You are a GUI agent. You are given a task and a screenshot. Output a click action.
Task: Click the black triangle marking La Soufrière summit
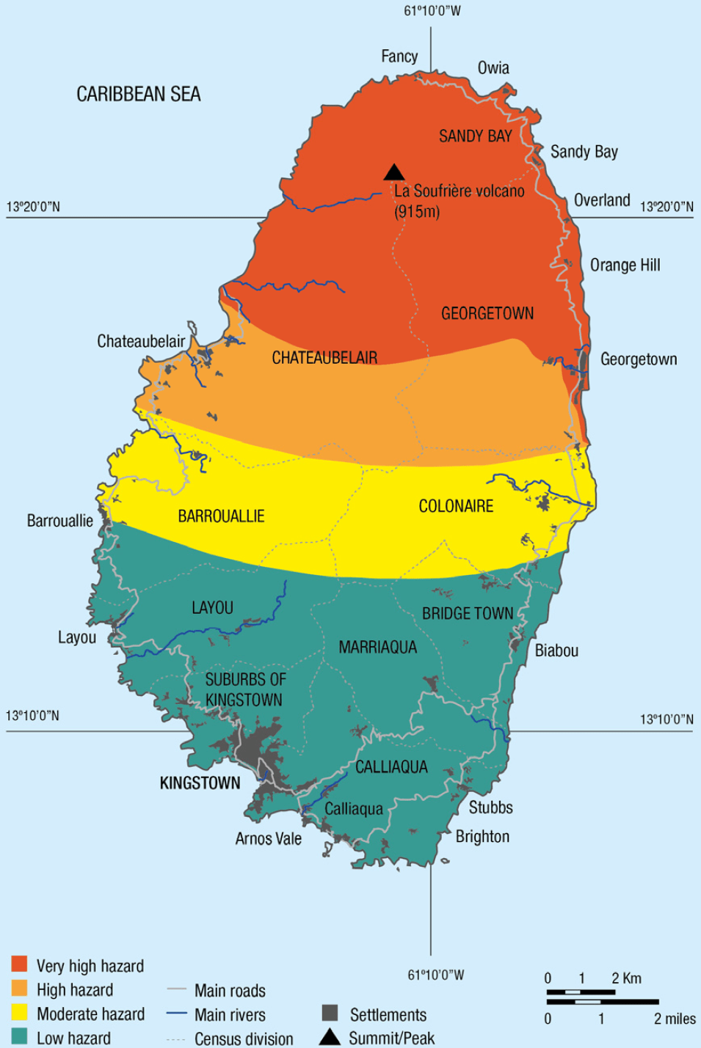[x=394, y=173]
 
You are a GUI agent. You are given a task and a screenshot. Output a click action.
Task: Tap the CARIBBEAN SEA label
[x=139, y=94]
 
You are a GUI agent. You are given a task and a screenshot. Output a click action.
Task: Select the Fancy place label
[x=399, y=56]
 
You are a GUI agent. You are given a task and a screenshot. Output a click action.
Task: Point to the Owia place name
[x=493, y=68]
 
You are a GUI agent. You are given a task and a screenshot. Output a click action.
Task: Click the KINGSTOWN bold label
[x=200, y=783]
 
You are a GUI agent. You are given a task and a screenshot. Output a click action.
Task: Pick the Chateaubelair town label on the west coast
[x=141, y=341]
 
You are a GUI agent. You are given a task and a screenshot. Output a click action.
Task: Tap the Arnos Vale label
[x=268, y=838]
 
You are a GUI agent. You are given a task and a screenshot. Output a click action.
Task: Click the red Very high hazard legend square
[x=20, y=964]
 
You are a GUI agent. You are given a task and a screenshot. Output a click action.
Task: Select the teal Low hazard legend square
[x=20, y=1036]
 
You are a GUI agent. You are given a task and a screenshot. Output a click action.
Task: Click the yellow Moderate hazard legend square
[x=20, y=1012]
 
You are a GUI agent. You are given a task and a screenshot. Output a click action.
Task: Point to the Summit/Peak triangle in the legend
[x=330, y=1036]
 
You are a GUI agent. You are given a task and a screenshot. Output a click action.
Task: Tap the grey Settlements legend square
[x=330, y=1013]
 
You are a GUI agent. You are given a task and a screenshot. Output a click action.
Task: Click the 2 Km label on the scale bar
[x=626, y=978]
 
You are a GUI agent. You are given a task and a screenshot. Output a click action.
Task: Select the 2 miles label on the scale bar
[x=675, y=1019]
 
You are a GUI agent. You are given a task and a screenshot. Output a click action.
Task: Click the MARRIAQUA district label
[x=377, y=647]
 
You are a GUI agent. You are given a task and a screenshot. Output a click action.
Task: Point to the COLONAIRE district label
[x=456, y=506]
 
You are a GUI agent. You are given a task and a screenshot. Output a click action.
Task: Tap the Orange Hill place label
[x=625, y=265]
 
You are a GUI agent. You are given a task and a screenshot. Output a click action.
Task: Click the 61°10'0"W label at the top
[x=432, y=11]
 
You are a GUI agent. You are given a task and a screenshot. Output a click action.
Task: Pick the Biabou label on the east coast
[x=556, y=651]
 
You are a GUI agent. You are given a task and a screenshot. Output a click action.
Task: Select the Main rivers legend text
[x=230, y=1015]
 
